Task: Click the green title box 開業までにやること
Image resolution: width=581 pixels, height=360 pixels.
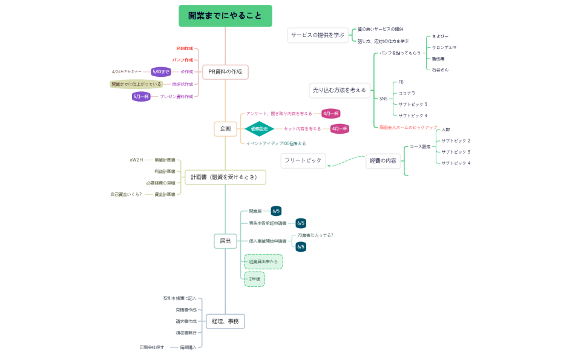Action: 225,16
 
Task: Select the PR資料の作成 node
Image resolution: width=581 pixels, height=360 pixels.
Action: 225,71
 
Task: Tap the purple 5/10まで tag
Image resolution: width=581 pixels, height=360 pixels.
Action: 161,71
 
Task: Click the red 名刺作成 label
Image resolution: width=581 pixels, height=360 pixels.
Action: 185,48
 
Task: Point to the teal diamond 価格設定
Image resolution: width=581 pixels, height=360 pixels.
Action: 259,128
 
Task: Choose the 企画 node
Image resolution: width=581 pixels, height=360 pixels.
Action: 225,129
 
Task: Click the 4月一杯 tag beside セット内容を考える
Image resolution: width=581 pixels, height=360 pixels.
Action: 340,128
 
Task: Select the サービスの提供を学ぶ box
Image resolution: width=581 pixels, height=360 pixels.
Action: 317,35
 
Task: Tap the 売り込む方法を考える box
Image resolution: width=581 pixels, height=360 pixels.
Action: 339,90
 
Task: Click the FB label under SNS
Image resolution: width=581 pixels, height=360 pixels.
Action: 401,82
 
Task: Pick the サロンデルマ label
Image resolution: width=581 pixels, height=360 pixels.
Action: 444,47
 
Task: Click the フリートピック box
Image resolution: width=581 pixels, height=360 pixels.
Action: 303,160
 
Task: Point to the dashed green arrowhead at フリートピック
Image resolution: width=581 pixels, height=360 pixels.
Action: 329,164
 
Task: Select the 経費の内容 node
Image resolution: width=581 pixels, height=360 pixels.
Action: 383,160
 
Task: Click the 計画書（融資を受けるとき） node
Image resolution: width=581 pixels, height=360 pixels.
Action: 225,177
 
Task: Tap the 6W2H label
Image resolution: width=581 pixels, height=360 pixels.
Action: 136,160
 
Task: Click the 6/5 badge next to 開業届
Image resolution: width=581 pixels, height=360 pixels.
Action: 276,211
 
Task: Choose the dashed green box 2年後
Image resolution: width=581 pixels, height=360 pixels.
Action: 254,279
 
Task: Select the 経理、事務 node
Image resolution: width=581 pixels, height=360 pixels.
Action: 225,321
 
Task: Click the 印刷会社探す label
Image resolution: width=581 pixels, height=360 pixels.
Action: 151,347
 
